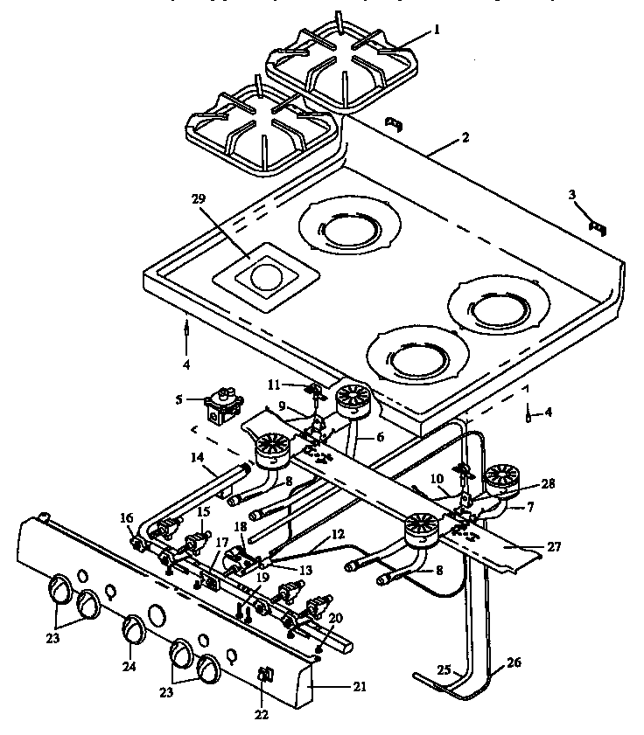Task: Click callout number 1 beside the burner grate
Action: [x=437, y=29]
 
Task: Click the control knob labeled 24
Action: [x=132, y=628]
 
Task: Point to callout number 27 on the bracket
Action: [x=555, y=547]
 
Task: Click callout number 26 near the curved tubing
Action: [x=514, y=663]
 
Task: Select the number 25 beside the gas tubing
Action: [x=444, y=669]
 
